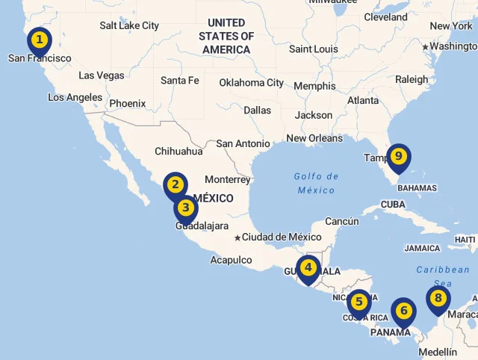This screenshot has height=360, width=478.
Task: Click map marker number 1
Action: click(40, 40)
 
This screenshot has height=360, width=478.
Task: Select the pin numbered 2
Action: click(176, 184)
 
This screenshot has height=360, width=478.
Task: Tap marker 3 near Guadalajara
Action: click(185, 208)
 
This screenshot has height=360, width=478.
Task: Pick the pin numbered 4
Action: click(307, 267)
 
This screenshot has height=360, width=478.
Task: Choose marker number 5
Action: click(359, 302)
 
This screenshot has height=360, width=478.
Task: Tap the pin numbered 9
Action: click(399, 156)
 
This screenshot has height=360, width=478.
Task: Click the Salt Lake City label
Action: click(129, 25)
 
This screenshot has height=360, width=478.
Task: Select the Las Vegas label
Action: click(102, 75)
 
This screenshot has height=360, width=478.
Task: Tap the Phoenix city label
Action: click(127, 104)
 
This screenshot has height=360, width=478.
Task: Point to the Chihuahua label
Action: click(179, 151)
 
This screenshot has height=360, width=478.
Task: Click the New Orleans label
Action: click(314, 138)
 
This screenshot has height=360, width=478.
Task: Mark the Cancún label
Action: click(342, 221)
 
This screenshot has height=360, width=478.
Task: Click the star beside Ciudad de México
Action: click(238, 238)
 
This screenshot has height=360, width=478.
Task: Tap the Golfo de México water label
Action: click(316, 183)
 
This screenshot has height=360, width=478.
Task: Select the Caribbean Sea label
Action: click(443, 276)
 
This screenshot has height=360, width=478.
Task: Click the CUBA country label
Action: click(393, 204)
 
